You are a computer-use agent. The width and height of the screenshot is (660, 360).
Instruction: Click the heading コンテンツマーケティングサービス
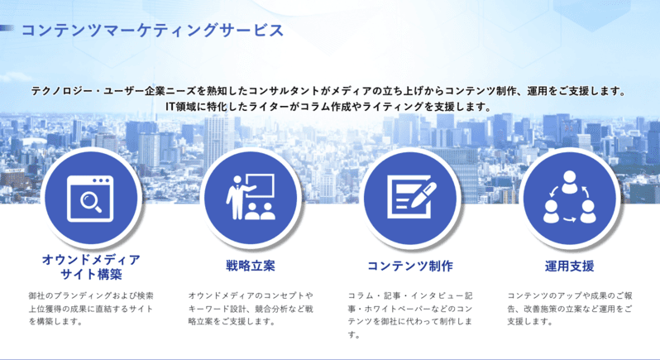coord(152,31)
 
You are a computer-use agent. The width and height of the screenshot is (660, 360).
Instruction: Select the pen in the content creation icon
coord(423,194)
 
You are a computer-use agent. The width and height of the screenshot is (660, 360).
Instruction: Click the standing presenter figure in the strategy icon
coord(237,197)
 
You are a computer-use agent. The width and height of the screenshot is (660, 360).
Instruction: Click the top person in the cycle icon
coord(569,182)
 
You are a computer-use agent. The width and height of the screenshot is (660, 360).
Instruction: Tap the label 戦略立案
coord(251,266)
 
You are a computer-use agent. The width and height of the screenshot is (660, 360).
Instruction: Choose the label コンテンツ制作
coord(410,266)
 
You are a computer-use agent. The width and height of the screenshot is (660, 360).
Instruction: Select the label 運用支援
coord(570,266)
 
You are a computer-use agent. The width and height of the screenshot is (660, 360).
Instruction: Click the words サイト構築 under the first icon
coord(91,275)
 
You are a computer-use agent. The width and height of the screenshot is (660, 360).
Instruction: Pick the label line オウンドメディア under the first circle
coord(91,259)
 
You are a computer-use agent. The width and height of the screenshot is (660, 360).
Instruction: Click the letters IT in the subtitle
coord(170,107)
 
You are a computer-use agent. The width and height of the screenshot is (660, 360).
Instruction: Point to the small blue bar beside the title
coord(7,28)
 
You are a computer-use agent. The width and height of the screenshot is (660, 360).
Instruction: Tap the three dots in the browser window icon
coord(103,181)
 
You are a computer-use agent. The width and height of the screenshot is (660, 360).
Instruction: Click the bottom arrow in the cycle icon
coord(570,219)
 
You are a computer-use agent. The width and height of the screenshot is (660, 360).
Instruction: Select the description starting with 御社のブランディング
coord(91,309)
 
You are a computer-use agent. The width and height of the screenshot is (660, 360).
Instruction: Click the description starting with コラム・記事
coord(410,315)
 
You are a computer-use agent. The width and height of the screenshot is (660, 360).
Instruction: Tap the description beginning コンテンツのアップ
coord(570,309)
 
